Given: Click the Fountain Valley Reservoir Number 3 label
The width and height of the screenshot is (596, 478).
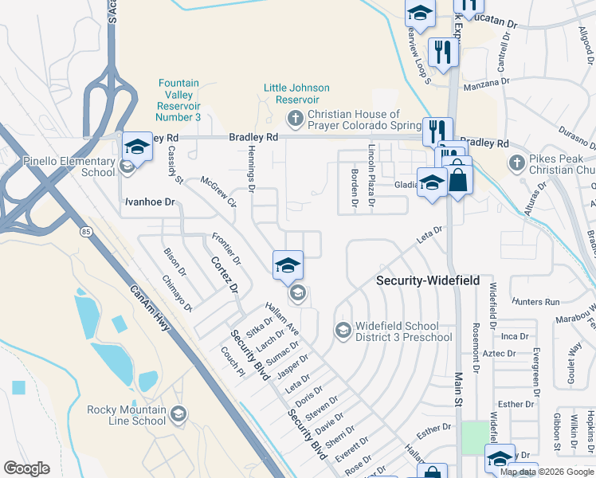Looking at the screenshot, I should (178, 100).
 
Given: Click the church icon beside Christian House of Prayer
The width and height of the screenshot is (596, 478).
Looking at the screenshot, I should (296, 119).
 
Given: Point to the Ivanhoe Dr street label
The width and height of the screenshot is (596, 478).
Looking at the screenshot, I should (149, 202).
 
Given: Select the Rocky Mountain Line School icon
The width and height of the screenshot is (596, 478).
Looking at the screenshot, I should (178, 413).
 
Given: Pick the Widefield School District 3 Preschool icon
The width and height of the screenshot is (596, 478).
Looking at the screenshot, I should (343, 330).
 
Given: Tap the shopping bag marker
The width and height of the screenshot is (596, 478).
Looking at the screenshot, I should (458, 178).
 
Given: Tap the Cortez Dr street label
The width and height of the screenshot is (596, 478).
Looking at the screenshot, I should (225, 275).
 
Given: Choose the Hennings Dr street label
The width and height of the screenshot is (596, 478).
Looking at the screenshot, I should (250, 174).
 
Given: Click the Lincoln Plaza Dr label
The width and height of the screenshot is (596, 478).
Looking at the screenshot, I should (371, 175).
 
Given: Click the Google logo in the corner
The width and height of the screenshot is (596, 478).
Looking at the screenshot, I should (26, 468).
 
